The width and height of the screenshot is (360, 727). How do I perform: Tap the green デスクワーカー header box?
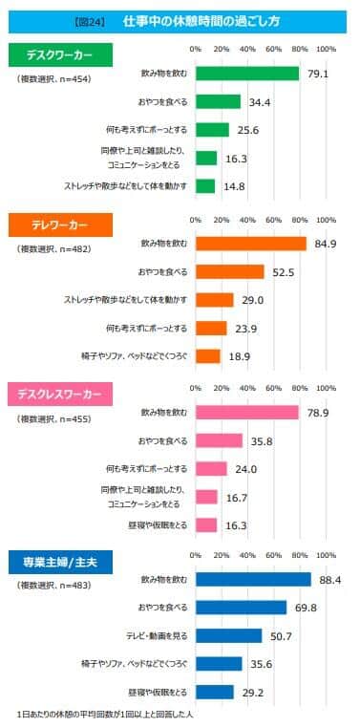59,53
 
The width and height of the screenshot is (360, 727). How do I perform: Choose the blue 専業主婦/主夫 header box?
59,561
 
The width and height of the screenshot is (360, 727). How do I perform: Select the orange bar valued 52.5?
229,272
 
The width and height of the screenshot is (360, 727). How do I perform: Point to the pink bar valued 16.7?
206,497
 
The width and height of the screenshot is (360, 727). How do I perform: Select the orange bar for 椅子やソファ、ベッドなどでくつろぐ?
207,356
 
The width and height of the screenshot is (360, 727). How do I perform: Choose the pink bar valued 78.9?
246,413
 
